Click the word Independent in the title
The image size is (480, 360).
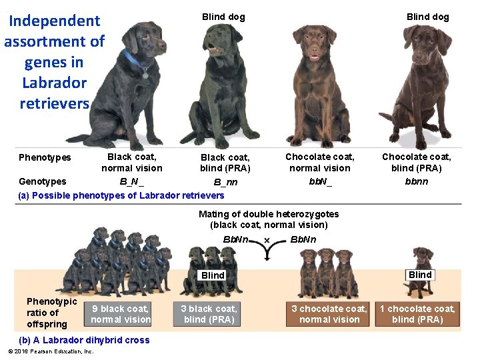(x=54, y=21)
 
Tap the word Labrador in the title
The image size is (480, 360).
(x=54, y=83)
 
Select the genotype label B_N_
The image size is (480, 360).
(x=132, y=181)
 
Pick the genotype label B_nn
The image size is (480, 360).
(x=225, y=182)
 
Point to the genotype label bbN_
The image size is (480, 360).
(x=320, y=181)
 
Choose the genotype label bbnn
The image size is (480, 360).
(x=416, y=181)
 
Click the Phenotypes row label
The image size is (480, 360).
(x=45, y=157)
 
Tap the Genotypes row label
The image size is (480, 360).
(x=43, y=181)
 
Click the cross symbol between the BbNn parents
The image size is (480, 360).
(x=267, y=240)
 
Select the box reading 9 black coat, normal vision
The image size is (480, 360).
(x=121, y=314)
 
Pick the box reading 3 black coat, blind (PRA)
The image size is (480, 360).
(x=209, y=314)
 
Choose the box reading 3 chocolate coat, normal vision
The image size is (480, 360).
(x=329, y=314)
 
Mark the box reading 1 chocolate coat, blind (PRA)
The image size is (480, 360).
(x=417, y=314)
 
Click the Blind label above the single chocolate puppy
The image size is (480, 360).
(x=420, y=275)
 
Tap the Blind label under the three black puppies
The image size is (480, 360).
(x=213, y=275)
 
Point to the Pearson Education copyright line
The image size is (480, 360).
(x=51, y=351)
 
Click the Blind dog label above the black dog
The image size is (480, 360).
(x=223, y=17)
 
